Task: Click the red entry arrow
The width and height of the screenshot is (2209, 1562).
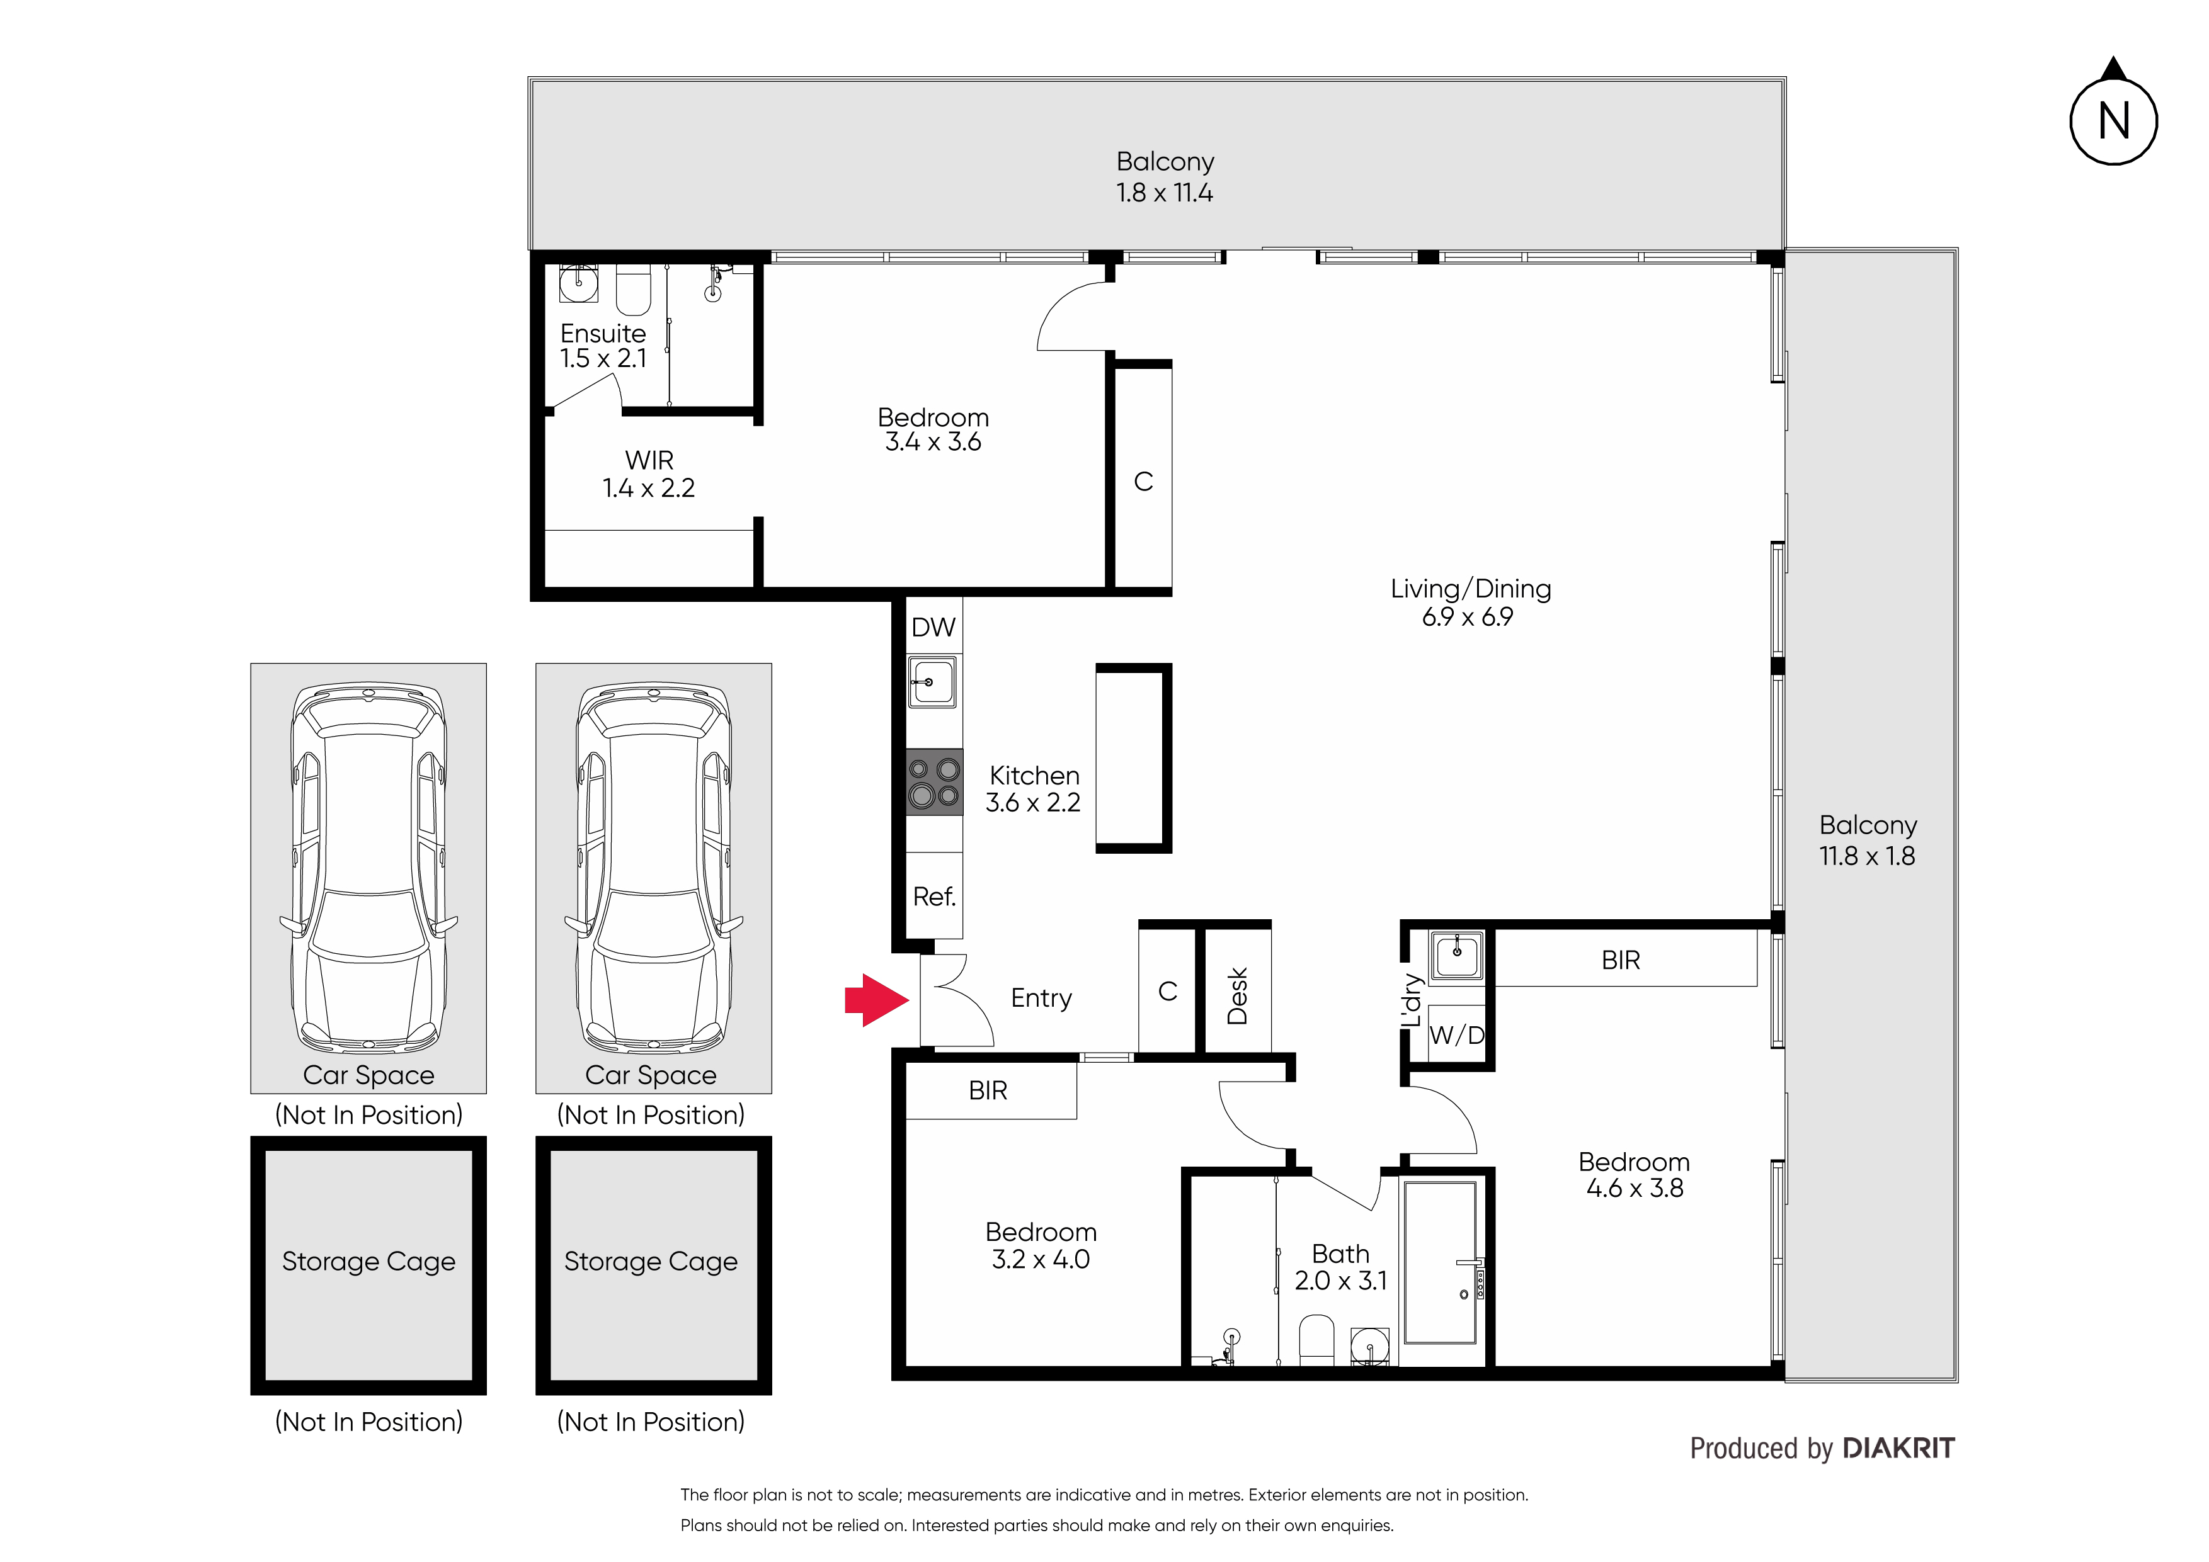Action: (x=876, y=1000)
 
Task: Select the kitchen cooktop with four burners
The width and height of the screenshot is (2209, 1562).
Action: (x=934, y=782)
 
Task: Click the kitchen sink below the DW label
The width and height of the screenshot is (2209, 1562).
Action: (x=932, y=682)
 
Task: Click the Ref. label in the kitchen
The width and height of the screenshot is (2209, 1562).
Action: (x=934, y=897)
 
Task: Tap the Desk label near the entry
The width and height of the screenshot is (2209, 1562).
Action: (x=1237, y=997)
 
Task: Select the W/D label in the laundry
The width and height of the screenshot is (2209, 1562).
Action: (x=1457, y=1035)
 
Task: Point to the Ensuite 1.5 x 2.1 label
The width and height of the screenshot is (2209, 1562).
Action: (x=603, y=345)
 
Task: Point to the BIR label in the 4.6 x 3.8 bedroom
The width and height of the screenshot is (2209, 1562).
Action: (x=1621, y=960)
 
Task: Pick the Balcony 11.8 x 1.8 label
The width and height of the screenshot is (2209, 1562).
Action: (x=1868, y=840)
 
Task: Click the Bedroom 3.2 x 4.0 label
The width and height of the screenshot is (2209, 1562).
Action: (x=1041, y=1245)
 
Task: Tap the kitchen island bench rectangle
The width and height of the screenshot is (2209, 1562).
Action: (x=1133, y=758)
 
